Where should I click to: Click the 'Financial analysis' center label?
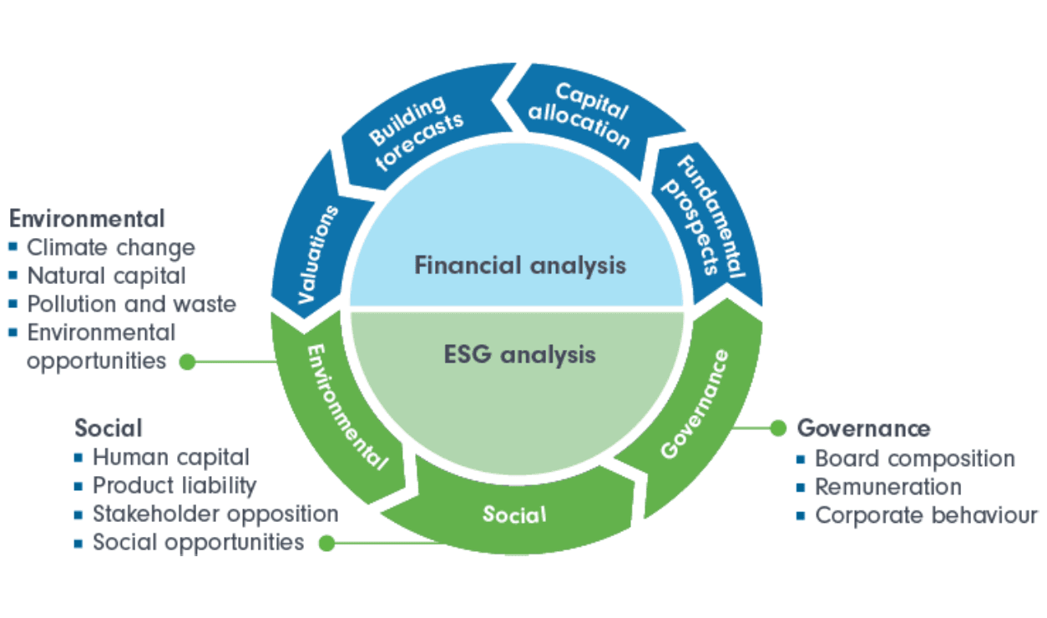point(519,266)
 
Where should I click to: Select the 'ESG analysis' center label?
point(519,354)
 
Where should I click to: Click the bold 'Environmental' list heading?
point(87,219)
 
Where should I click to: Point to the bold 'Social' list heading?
point(109,428)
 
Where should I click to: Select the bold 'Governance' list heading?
point(863,428)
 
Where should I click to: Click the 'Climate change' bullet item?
point(111,248)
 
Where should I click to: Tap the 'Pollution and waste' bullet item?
point(132,304)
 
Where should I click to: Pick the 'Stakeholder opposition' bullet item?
point(215,514)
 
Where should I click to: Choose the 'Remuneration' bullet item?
point(888,487)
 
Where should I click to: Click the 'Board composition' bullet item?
point(915,458)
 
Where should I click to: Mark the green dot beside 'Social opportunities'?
point(327,544)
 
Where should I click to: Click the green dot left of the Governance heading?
point(778,428)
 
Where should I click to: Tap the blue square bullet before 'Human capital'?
point(78,458)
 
